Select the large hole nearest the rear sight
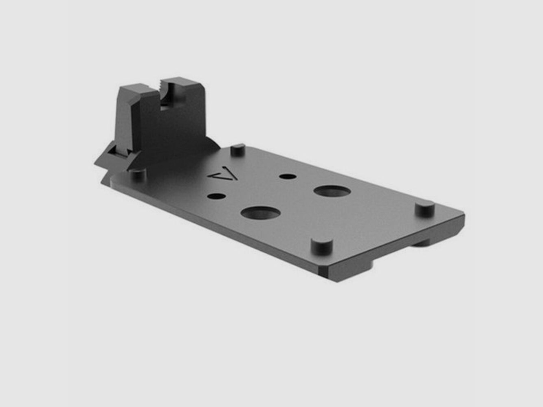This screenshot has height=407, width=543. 260,212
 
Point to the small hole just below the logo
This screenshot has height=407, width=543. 216,196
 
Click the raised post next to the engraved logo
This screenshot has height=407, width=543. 237,149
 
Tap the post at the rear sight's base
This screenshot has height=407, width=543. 137,175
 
